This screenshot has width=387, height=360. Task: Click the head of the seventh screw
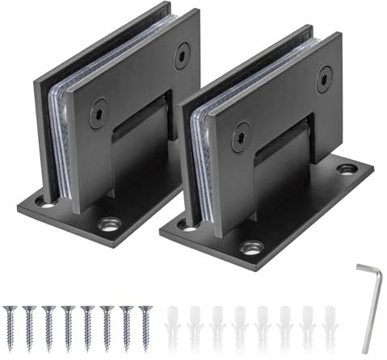(126, 309)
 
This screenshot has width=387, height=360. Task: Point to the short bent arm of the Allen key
(364, 269)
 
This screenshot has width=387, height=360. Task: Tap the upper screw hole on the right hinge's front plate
(324, 79)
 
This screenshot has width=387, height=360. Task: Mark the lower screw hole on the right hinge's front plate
(241, 138)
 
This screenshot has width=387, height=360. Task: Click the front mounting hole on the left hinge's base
(107, 224)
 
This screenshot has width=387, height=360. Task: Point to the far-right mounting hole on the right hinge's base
(347, 170)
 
